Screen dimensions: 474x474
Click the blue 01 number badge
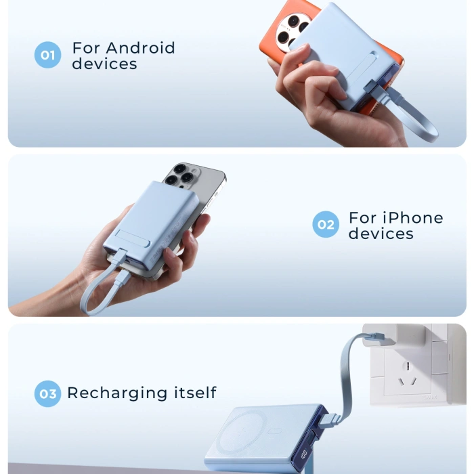tap(47, 55)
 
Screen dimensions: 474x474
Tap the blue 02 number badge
tap(326, 225)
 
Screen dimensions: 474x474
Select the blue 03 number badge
tap(47, 393)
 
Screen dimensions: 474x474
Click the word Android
tap(140, 48)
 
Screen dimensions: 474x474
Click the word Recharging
tap(116, 393)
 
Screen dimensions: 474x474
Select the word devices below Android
tap(104, 64)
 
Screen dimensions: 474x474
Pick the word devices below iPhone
tap(381, 234)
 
